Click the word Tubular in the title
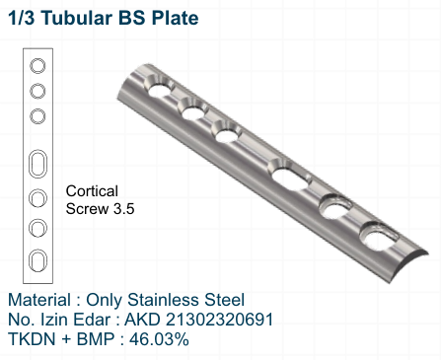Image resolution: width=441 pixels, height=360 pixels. click(84, 18)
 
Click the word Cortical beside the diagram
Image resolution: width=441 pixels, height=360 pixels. click(93, 190)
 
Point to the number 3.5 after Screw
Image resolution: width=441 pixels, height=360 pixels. click(122, 209)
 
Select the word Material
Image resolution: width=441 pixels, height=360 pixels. click(39, 299)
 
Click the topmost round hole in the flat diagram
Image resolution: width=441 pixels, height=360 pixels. click(37, 67)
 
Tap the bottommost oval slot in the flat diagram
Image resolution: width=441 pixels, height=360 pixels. click(37, 259)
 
